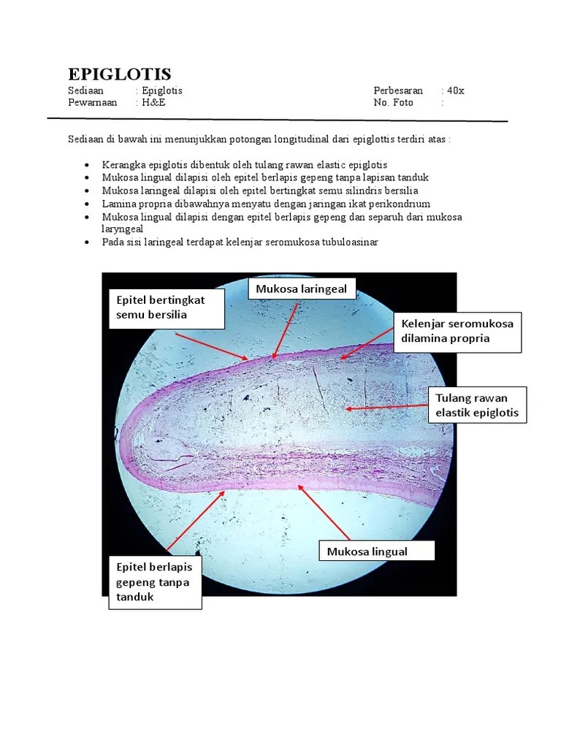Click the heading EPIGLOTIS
119,74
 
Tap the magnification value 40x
456,91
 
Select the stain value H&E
153,102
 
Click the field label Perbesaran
398,91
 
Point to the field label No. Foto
393,102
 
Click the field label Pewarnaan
92,102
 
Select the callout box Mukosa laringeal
302,289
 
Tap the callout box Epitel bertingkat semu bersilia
166,308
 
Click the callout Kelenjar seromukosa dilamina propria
457,331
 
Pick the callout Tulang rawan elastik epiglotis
476,405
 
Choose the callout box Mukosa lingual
376,551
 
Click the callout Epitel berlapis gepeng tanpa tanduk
155,582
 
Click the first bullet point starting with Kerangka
245,165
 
